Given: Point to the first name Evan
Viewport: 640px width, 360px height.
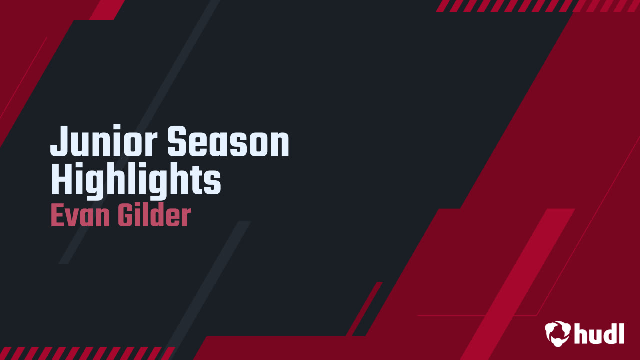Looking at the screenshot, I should click(80, 216).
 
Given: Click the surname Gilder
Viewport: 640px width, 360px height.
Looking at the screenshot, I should click(154, 216).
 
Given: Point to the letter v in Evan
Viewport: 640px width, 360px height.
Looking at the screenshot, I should click(73, 218).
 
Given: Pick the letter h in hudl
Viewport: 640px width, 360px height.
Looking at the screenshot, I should click(581, 333).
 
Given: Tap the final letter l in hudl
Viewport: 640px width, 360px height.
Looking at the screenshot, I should click(621, 332).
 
